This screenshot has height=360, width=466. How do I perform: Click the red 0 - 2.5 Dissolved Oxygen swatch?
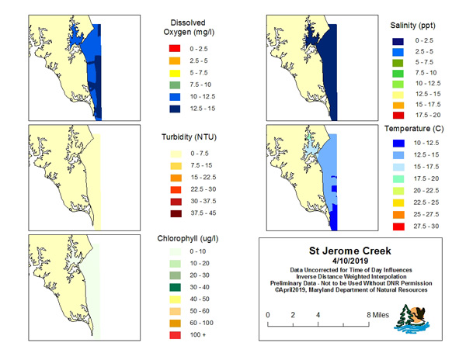pos(175,48)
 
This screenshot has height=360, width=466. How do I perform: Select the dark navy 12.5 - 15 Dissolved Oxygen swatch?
pos(175,109)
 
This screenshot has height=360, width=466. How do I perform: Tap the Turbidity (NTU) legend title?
pos(189,137)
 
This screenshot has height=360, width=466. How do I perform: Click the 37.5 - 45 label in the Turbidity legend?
pos(203,213)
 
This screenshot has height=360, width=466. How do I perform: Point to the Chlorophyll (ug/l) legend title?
pos(188,239)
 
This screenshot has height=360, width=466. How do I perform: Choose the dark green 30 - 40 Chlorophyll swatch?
pos(175,287)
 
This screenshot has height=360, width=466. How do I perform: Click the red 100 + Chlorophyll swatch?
pos(175,335)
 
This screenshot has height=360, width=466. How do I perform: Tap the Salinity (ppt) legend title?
pos(413,26)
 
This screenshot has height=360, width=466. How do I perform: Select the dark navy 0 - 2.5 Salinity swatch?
pos(398,41)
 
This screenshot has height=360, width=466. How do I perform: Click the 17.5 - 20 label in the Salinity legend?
pos(428,115)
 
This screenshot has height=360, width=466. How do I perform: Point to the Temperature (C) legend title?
pos(414,129)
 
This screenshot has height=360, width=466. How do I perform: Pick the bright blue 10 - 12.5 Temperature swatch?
pos(398,144)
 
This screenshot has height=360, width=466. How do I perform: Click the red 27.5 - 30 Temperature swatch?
pos(398,227)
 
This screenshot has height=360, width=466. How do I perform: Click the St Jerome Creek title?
pos(350,251)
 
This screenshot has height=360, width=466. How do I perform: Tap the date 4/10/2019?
pos(350,261)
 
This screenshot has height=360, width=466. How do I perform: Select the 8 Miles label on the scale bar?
pos(377,315)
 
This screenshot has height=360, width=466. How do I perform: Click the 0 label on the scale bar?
pos(268,315)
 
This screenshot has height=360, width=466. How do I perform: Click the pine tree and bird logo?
pos(412,319)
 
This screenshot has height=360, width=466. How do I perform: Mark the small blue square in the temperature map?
pos(334,189)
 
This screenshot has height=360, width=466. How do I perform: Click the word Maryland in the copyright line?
pos(322,290)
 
